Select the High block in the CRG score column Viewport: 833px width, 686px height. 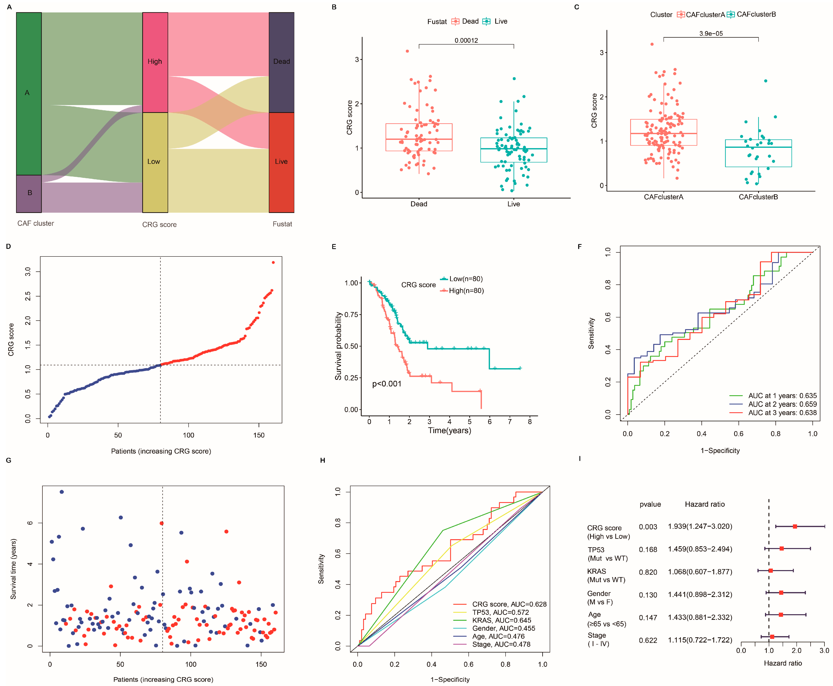(155, 62)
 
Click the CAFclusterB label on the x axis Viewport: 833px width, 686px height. (758, 197)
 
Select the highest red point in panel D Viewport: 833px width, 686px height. (273, 262)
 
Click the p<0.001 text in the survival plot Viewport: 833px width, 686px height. (387, 384)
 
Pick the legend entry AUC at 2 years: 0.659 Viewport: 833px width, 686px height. (782, 404)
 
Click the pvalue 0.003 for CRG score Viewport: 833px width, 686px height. (648, 527)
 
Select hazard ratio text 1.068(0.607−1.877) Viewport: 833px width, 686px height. (700, 572)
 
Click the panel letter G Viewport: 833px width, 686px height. (9, 460)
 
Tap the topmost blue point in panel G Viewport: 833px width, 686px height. (62, 492)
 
